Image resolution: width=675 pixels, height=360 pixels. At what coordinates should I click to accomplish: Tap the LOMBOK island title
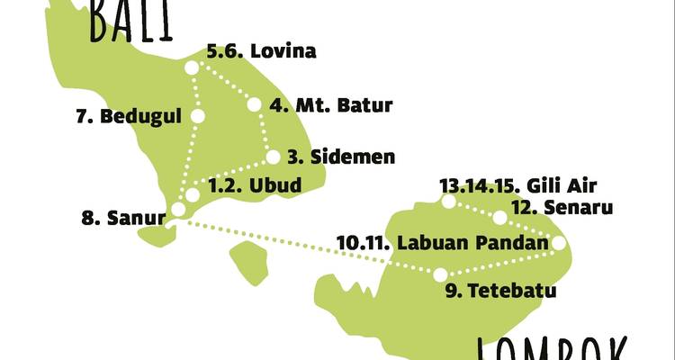point(551,349)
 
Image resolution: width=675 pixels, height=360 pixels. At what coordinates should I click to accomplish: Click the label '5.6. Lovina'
point(261,51)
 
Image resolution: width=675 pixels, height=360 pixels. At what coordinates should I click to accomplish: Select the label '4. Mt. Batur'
point(330,105)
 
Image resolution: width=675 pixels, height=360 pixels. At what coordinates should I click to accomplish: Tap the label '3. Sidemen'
point(341,157)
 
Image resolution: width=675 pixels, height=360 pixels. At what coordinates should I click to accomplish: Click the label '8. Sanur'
point(123,217)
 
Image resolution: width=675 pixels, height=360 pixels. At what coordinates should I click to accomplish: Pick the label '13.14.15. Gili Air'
point(518,186)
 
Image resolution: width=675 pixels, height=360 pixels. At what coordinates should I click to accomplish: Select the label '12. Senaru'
point(562,209)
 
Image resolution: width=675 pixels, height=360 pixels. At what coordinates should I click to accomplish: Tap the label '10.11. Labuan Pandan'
point(442,242)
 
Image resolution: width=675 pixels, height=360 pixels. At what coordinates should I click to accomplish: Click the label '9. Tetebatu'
point(500,291)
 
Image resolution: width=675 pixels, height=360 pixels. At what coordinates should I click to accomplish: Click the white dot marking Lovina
point(192,67)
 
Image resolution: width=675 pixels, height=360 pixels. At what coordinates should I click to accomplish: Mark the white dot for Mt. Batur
point(254,104)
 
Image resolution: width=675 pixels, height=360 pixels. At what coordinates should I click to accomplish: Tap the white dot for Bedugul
point(198,116)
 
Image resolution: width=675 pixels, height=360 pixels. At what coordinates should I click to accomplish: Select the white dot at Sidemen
point(273,157)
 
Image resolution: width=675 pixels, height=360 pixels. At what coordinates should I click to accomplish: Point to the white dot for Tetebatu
point(440,274)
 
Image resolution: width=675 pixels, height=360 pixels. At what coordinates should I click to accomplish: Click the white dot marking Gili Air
point(450,202)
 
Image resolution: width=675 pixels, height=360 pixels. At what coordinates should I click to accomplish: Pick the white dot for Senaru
point(499,218)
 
